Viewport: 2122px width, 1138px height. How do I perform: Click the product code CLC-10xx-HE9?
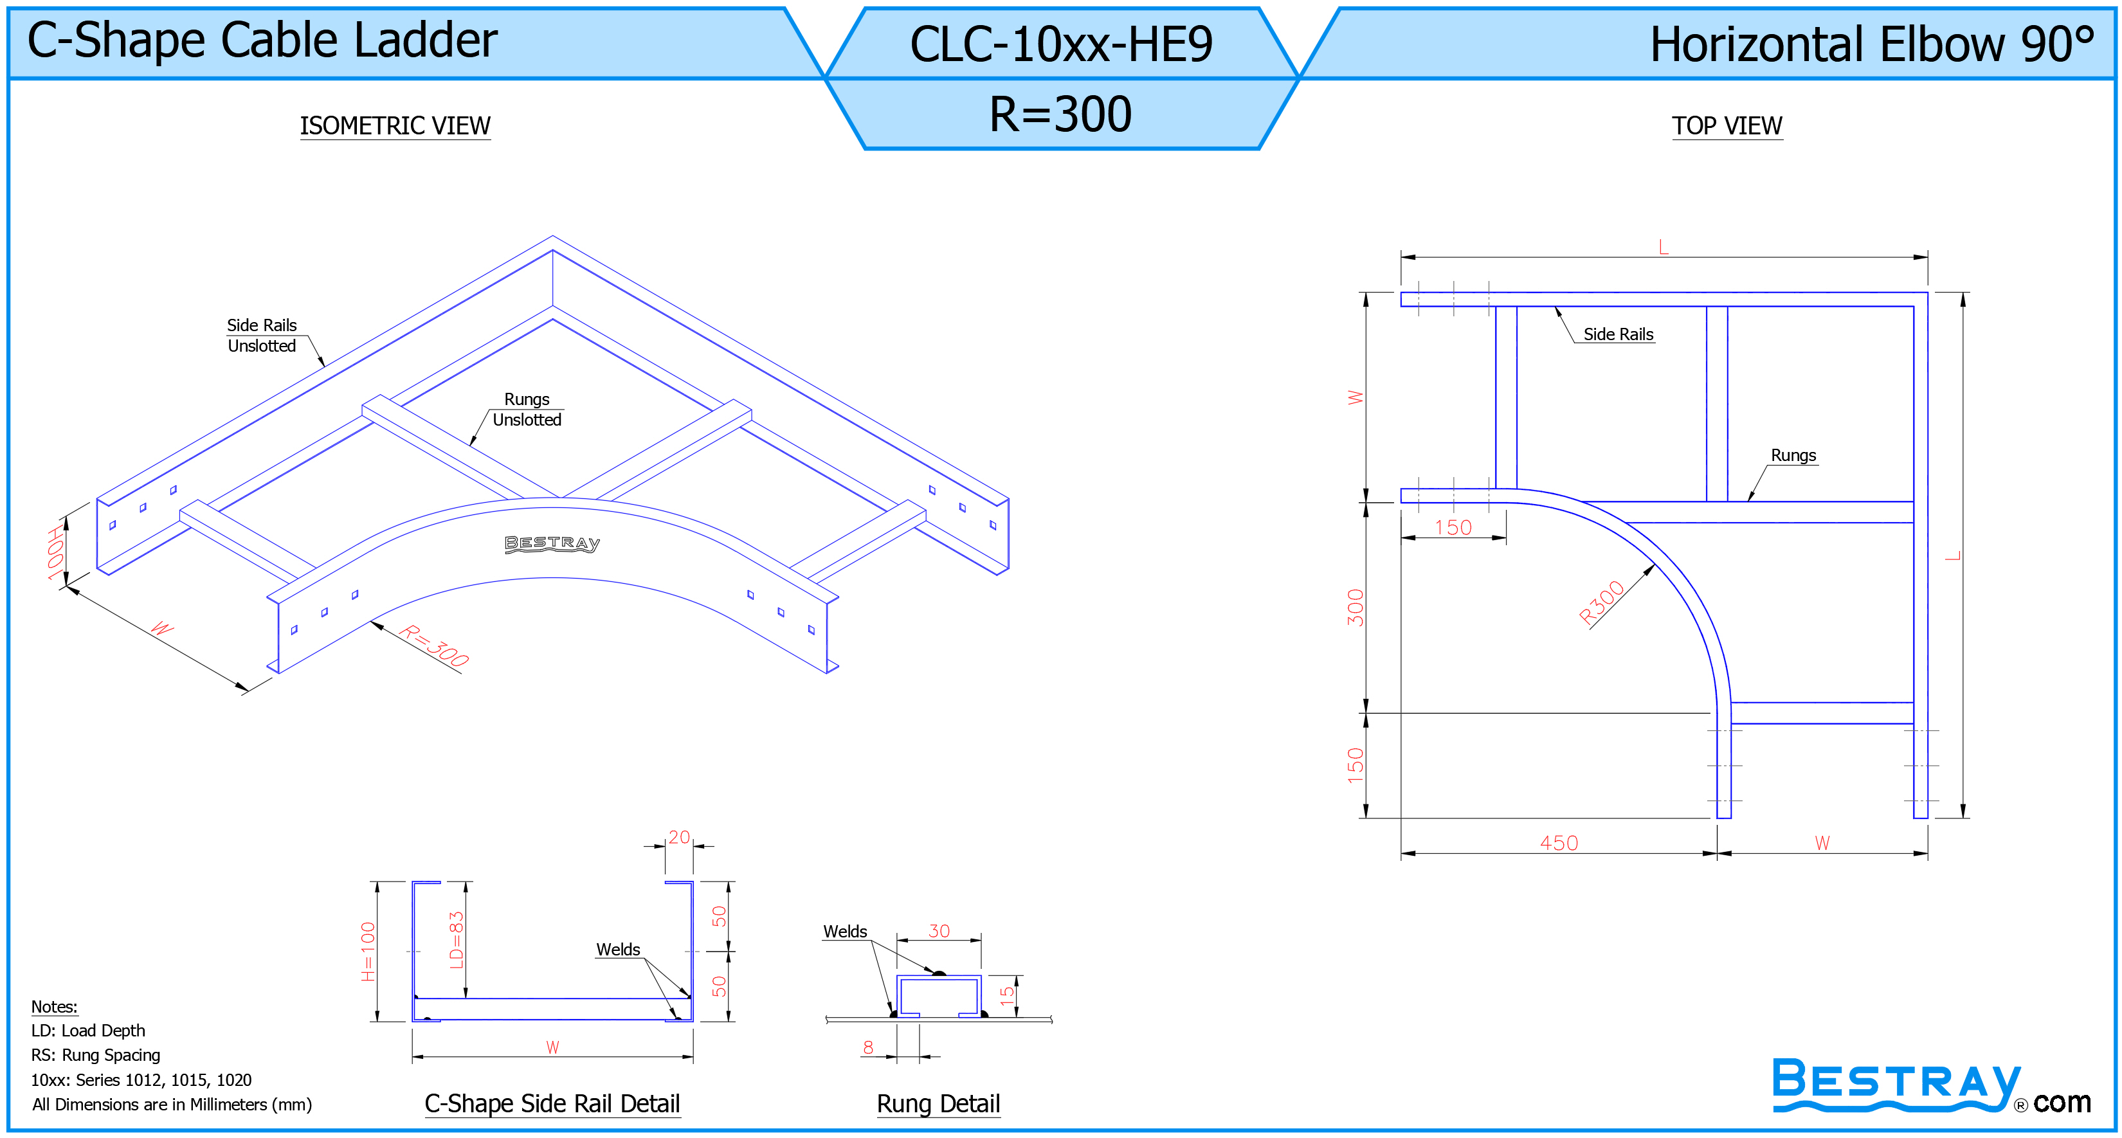(x=1061, y=44)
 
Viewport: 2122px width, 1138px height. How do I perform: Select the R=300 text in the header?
(x=1061, y=114)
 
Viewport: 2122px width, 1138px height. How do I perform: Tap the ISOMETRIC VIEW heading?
(x=395, y=126)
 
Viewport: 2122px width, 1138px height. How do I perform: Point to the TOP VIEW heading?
(x=1727, y=126)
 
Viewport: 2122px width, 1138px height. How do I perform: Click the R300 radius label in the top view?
(x=1601, y=603)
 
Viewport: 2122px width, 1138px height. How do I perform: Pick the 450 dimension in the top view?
(x=1559, y=842)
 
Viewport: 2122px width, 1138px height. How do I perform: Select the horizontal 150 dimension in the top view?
(x=1453, y=527)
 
